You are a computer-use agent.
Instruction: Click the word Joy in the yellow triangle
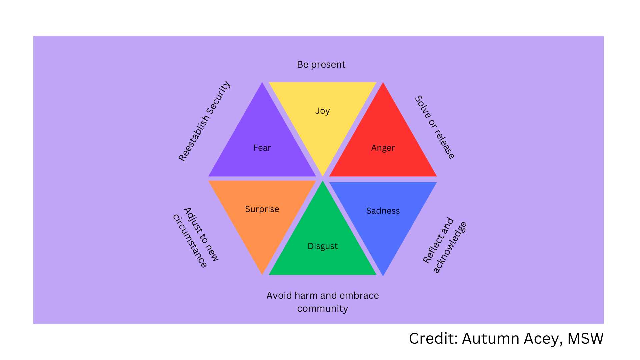(x=322, y=111)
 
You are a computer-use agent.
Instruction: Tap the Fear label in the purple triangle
(x=262, y=148)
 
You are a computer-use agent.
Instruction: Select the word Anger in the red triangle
(x=383, y=148)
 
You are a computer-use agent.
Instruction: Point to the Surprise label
(x=262, y=209)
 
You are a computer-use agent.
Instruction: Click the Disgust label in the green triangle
(x=322, y=246)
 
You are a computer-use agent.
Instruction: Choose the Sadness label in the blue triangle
(x=383, y=211)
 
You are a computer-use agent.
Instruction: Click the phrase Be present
(x=321, y=64)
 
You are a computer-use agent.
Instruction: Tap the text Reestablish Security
(x=204, y=121)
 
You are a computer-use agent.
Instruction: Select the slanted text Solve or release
(x=435, y=127)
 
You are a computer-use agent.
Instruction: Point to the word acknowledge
(x=450, y=247)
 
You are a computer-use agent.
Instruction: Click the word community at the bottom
(x=322, y=308)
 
